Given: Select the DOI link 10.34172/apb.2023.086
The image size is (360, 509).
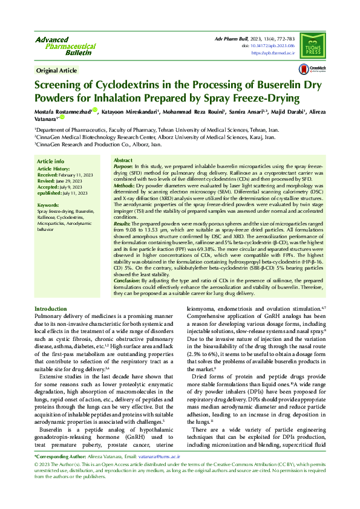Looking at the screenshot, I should [x=270, y=45].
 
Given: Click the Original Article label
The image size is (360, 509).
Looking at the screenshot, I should [x=57, y=71].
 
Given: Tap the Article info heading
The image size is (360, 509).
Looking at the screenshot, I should [x=50, y=161].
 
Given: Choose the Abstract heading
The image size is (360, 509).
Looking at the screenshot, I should [x=123, y=160].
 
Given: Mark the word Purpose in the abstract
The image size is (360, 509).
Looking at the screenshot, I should [x=123, y=166].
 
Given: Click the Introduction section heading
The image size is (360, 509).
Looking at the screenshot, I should [x=51, y=309].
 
